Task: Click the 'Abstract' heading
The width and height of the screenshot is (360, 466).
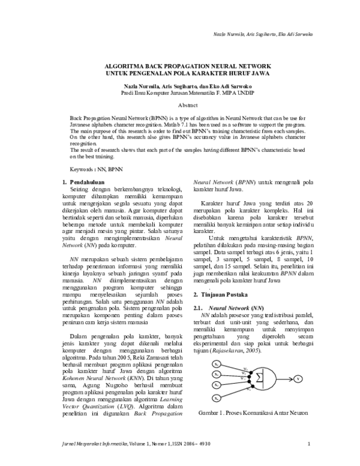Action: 179,104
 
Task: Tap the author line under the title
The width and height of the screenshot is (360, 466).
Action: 179,86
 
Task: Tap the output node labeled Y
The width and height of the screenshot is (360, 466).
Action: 298,380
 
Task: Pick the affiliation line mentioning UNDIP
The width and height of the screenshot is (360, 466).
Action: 179,93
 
